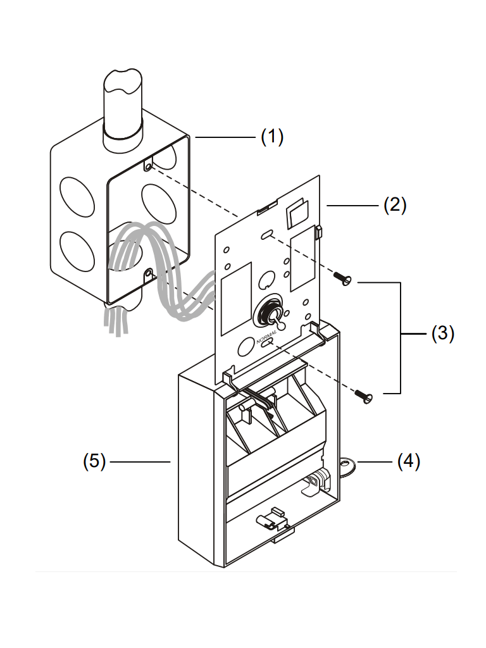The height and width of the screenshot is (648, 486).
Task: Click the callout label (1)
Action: pos(272,137)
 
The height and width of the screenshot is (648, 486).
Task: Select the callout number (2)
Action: pos(395,205)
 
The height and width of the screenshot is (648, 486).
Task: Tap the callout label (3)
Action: pos(443,333)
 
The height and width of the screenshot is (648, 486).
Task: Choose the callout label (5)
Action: pos(94,461)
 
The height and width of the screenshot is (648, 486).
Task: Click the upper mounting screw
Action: pos(344,278)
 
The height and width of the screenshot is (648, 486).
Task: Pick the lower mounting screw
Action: pos(363,395)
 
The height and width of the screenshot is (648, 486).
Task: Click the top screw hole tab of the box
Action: pos(147,166)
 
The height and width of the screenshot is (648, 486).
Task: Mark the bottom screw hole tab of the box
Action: pos(149,275)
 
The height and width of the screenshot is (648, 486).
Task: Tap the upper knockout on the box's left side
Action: pos(75,195)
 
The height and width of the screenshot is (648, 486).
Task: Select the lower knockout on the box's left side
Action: pos(76,251)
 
